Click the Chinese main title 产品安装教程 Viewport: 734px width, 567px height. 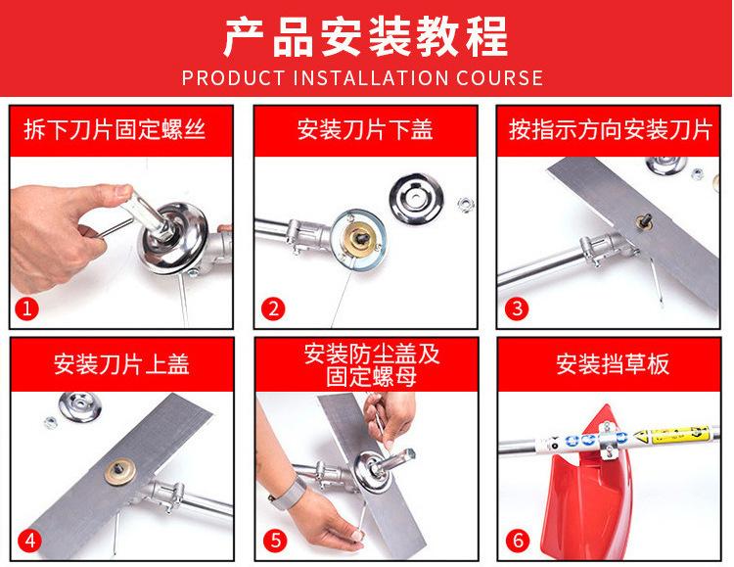tap(366, 36)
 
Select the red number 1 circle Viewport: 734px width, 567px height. tap(29, 309)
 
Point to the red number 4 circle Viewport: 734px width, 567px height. tap(29, 540)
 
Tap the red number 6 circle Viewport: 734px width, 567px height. tap(518, 540)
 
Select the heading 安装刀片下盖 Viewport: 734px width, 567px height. tap(365, 130)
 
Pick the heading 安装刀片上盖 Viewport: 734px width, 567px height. tap(121, 364)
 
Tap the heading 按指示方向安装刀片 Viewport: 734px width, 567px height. tap(611, 130)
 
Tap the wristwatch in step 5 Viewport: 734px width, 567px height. tap(285, 487)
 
